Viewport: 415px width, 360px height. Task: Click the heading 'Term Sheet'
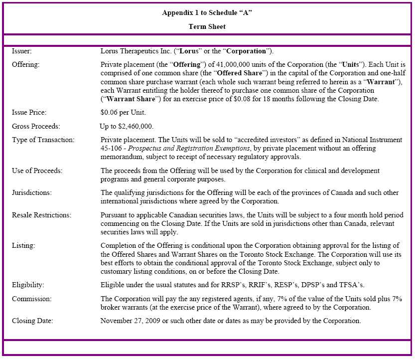click(207, 26)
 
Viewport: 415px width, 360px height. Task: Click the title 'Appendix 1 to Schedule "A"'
click(207, 13)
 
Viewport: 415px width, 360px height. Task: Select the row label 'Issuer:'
click(22, 51)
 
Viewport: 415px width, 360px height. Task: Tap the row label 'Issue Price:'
click(28, 113)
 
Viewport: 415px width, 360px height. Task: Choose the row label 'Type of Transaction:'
click(43, 140)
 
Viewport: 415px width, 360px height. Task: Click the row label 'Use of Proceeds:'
click(37, 171)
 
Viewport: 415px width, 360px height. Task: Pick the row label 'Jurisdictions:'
click(31, 192)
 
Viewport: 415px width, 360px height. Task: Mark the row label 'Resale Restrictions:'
click(41, 215)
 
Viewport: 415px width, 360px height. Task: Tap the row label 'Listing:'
click(23, 246)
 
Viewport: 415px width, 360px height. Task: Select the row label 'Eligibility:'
click(28, 285)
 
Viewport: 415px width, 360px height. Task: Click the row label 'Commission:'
click(31, 299)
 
